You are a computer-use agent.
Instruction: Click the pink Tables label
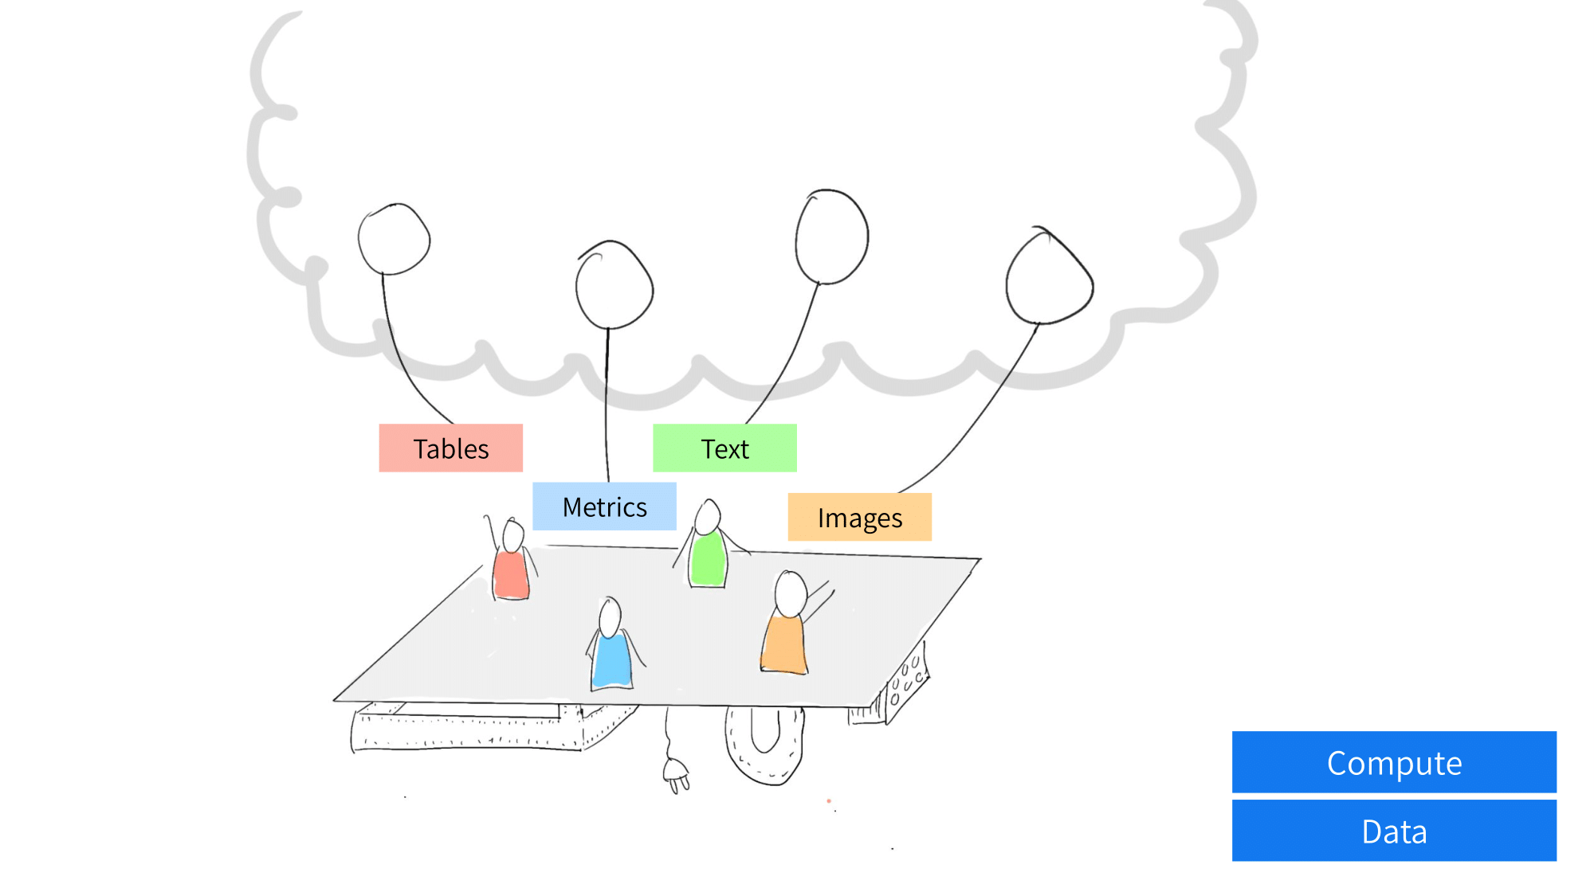click(x=450, y=448)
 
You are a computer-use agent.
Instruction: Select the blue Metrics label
click(x=604, y=507)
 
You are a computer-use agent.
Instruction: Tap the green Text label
click(x=724, y=448)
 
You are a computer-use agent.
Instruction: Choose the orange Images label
click(x=859, y=517)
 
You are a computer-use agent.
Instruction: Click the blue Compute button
click(x=1394, y=762)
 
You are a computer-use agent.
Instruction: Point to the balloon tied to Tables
click(x=394, y=239)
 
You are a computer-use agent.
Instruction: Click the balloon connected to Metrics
click(x=614, y=285)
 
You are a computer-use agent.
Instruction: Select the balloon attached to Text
click(x=831, y=237)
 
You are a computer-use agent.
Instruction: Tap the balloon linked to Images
click(x=1049, y=276)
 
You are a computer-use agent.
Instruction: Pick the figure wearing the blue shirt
click(x=612, y=645)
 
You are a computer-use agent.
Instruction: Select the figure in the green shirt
click(x=708, y=546)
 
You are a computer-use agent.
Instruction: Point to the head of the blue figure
click(x=611, y=616)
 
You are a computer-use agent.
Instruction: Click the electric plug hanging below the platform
click(x=677, y=773)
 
